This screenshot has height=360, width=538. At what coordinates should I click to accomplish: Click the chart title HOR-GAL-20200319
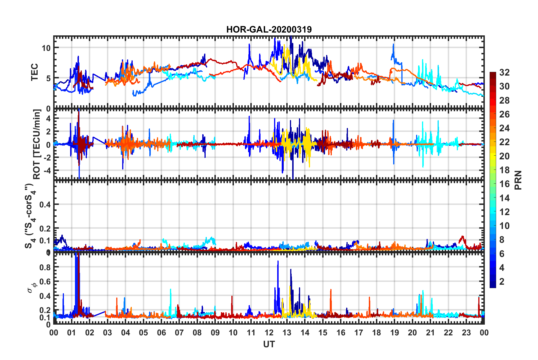tap(269, 29)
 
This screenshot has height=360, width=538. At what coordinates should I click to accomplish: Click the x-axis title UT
tap(269, 344)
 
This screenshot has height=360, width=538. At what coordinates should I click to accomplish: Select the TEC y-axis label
tap(34, 72)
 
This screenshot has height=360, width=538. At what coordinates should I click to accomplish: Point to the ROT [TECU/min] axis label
tap(37, 144)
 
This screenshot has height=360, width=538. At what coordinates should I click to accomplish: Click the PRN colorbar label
tap(518, 180)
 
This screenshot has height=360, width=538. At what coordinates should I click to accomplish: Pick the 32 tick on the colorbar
tap(504, 72)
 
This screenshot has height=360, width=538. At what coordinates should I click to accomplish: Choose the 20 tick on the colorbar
tap(504, 156)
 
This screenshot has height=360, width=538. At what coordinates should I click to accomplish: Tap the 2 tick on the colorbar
tap(502, 282)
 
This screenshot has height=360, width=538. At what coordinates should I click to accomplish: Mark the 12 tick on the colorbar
tap(504, 212)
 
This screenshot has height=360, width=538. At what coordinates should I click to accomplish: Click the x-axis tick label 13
tap(287, 333)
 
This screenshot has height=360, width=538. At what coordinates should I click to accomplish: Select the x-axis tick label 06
tap(161, 333)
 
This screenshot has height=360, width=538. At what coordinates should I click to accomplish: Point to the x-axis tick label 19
tap(394, 333)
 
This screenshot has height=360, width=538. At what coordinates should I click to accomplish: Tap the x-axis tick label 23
tap(466, 333)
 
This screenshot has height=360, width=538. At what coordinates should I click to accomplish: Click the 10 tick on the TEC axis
tap(46, 48)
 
